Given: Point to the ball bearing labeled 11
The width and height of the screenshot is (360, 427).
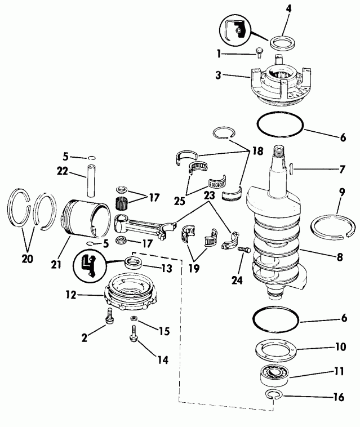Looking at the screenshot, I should click(274, 373).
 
